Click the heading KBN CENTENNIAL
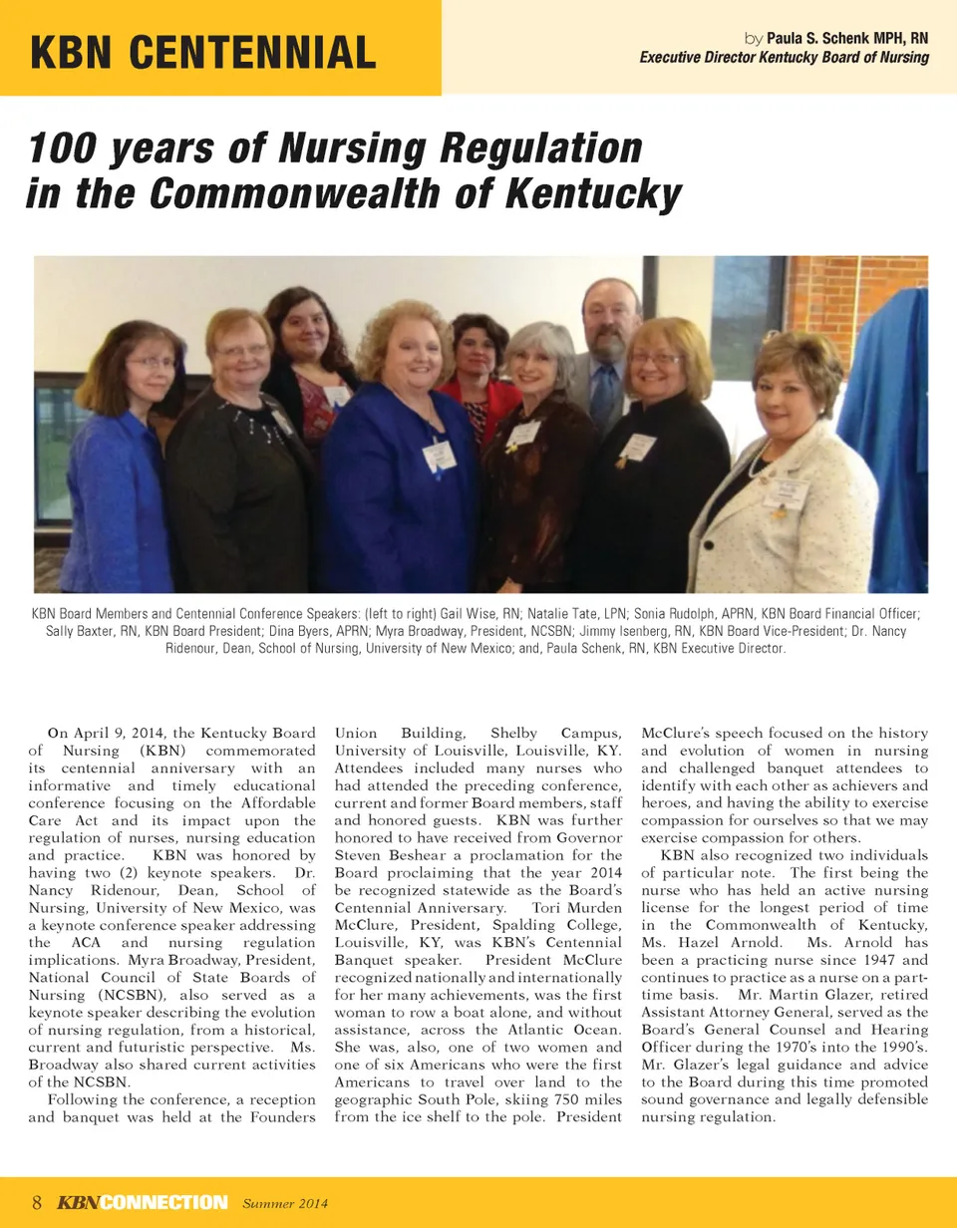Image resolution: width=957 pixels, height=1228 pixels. pyautogui.click(x=203, y=51)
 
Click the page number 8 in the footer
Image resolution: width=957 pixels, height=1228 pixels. pyautogui.click(x=37, y=1202)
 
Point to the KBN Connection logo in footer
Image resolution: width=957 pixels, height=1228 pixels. pyautogui.click(x=142, y=1202)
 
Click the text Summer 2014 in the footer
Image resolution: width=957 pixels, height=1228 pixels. pyautogui.click(x=286, y=1203)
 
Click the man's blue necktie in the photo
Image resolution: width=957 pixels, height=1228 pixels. pyautogui.click(x=605, y=397)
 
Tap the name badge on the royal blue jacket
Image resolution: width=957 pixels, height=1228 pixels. pyautogui.click(x=438, y=456)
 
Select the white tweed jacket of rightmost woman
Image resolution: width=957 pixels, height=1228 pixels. pyautogui.click(x=788, y=518)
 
